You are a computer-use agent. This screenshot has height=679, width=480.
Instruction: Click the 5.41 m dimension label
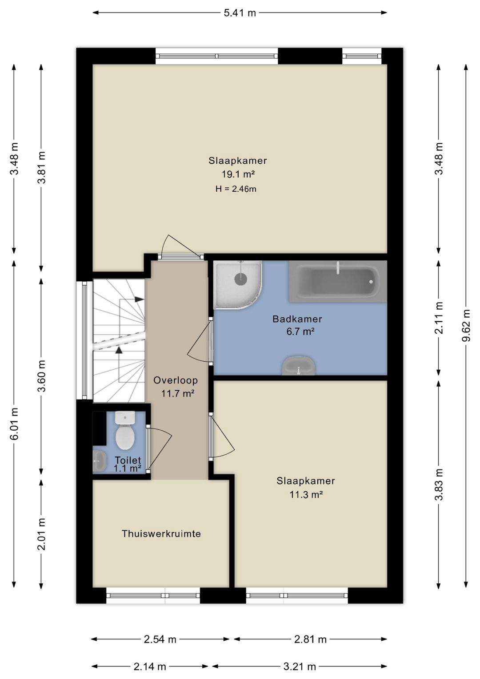coord(240,13)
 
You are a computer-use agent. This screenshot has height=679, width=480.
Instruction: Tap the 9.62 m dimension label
coord(466,325)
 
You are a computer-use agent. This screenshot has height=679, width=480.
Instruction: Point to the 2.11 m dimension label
coord(439,318)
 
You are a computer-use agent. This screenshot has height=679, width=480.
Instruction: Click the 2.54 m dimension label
coord(160,639)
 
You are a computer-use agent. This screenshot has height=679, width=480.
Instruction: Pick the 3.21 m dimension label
coord(300,667)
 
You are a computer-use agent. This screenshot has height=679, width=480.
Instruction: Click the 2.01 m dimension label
coord(41,534)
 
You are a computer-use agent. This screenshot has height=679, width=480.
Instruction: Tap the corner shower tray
coord(237,285)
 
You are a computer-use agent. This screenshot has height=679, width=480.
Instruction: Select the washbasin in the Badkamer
coord(298,366)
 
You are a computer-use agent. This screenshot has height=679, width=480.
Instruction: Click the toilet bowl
coord(125,430)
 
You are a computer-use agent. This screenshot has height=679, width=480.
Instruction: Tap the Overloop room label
coord(176,380)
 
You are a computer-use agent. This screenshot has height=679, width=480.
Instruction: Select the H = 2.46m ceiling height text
coord(236,189)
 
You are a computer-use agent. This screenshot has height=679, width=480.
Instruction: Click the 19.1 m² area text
coord(238,174)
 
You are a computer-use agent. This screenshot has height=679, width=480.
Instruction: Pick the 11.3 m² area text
coord(306,495)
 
